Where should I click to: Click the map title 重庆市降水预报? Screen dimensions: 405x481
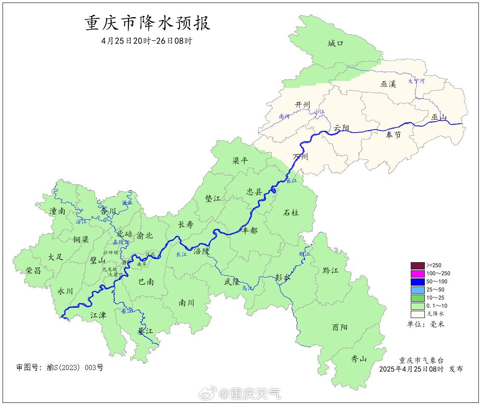click(x=148, y=23)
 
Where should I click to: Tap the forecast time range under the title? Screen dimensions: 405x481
click(x=147, y=41)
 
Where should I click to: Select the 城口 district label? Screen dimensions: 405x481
click(x=335, y=43)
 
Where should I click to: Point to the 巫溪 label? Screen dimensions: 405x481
click(x=388, y=84)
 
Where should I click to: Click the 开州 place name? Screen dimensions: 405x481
click(x=303, y=105)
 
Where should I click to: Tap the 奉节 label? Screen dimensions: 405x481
click(x=393, y=135)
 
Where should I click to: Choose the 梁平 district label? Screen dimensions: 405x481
click(x=240, y=161)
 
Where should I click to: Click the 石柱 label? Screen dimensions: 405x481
click(x=291, y=212)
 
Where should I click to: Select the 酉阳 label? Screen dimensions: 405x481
click(x=340, y=327)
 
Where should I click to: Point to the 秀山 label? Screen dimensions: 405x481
click(x=358, y=359)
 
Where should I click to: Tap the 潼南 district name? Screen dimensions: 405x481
click(x=57, y=211)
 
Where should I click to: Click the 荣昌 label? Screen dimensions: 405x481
click(x=33, y=270)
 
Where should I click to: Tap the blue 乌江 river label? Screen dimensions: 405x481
click(x=247, y=289)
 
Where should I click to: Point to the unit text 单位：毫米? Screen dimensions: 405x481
click(x=425, y=324)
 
